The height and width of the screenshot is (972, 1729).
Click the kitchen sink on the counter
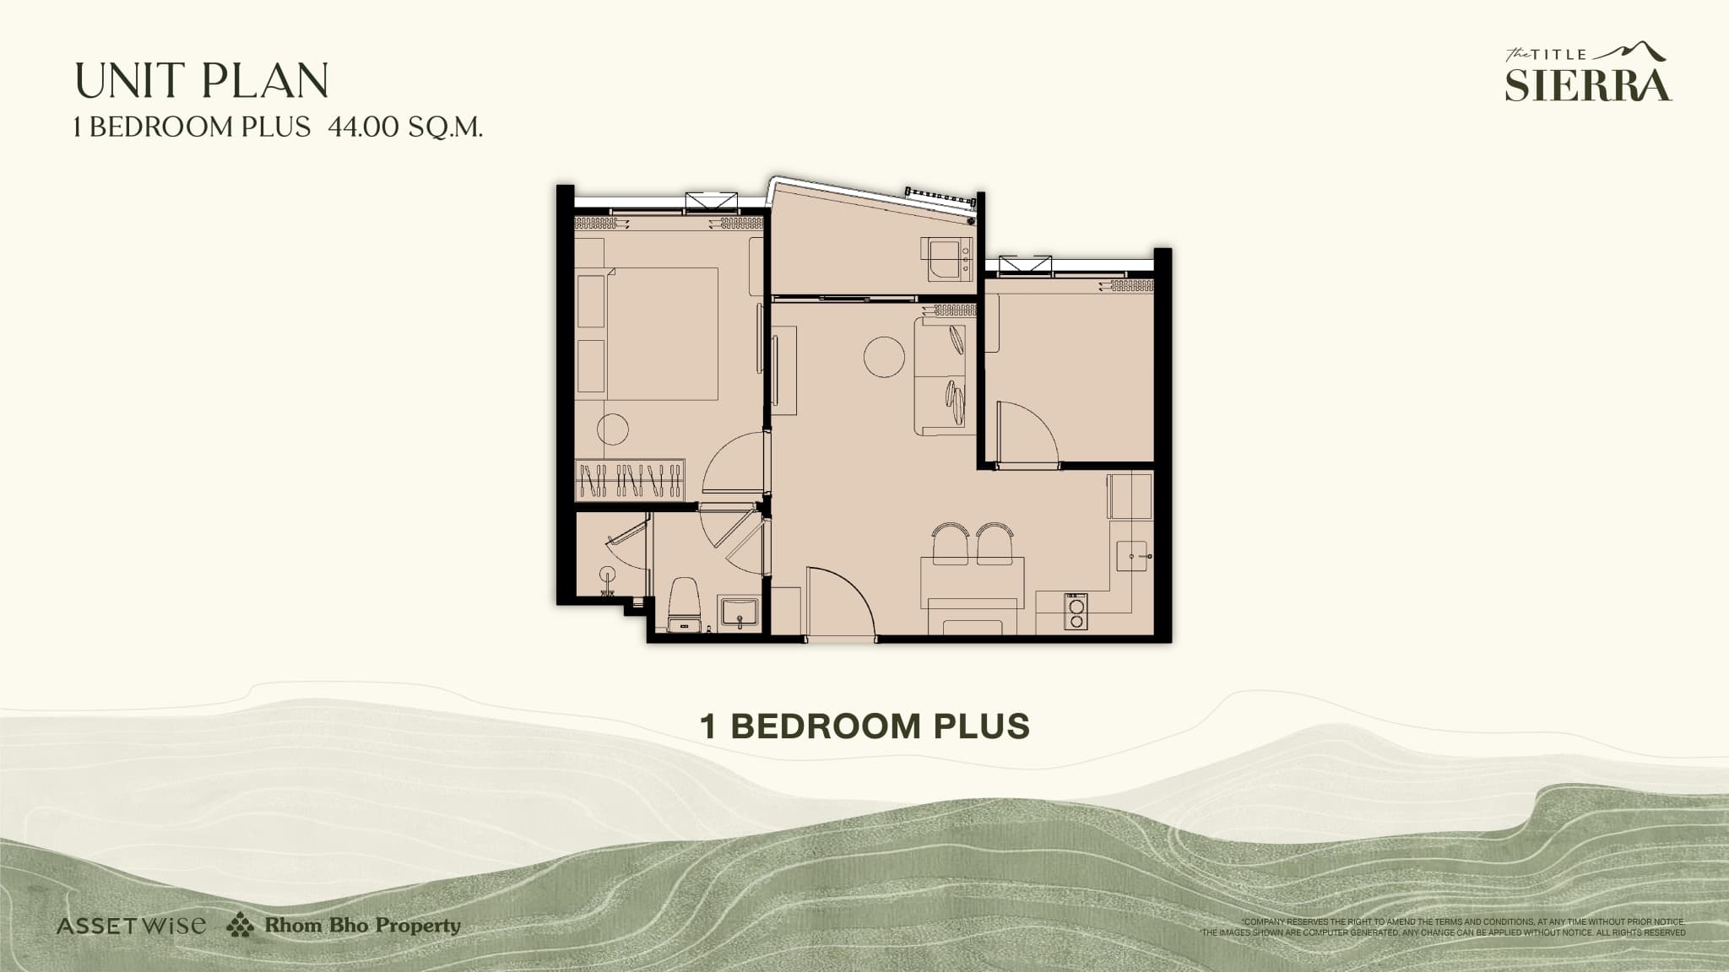(1131, 555)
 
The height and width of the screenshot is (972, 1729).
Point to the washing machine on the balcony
(950, 259)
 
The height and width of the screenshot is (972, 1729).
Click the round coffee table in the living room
(884, 357)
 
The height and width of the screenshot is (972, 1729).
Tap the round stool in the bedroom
(613, 429)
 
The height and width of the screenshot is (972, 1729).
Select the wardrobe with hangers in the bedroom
(630, 481)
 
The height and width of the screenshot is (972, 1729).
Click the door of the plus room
(1026, 434)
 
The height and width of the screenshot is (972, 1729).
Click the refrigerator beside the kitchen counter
(1130, 496)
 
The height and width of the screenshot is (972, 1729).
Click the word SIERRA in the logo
(1587, 85)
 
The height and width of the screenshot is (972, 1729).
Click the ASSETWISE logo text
(131, 926)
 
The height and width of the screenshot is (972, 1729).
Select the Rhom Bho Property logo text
(362, 926)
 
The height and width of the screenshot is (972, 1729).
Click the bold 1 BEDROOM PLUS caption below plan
(864, 726)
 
